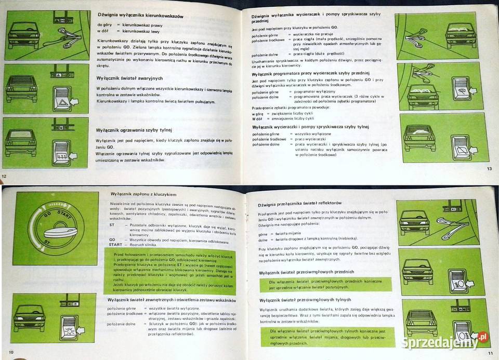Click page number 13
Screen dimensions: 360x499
pyautogui.click(x=489, y=168)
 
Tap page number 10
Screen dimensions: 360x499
pyautogui.click(x=10, y=353)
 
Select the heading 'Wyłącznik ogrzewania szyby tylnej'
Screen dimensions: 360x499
pyautogui.click(x=134, y=130)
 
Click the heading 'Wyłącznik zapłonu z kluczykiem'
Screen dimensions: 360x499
pyautogui.click(x=141, y=194)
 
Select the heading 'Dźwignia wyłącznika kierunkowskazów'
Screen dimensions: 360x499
pyautogui.click(x=141, y=17)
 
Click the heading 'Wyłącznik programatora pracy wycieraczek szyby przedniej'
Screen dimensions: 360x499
pyautogui.click(x=317, y=74)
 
